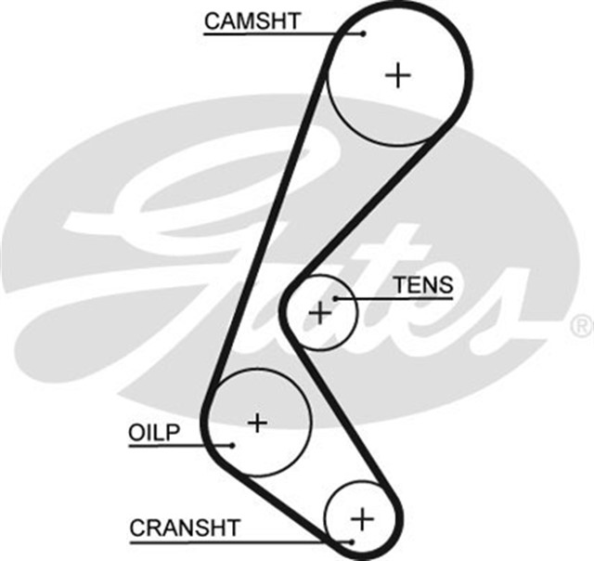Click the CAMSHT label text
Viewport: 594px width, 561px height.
[x=252, y=20]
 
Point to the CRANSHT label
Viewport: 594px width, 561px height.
[x=185, y=528]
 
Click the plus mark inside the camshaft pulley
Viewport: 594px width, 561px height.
[x=398, y=75]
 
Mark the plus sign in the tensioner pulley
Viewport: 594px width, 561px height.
[x=320, y=313]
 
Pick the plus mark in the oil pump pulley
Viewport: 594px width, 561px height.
[x=257, y=423]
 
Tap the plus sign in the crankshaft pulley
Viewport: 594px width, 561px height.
[x=362, y=516]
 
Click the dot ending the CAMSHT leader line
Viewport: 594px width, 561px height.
[x=364, y=33]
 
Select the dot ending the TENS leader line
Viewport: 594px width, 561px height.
[x=337, y=298]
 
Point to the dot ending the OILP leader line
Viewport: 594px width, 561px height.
[x=234, y=445]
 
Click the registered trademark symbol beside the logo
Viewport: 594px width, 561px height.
[x=580, y=325]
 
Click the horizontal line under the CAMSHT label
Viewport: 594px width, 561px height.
[x=278, y=33]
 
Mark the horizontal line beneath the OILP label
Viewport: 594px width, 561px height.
[x=176, y=445]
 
